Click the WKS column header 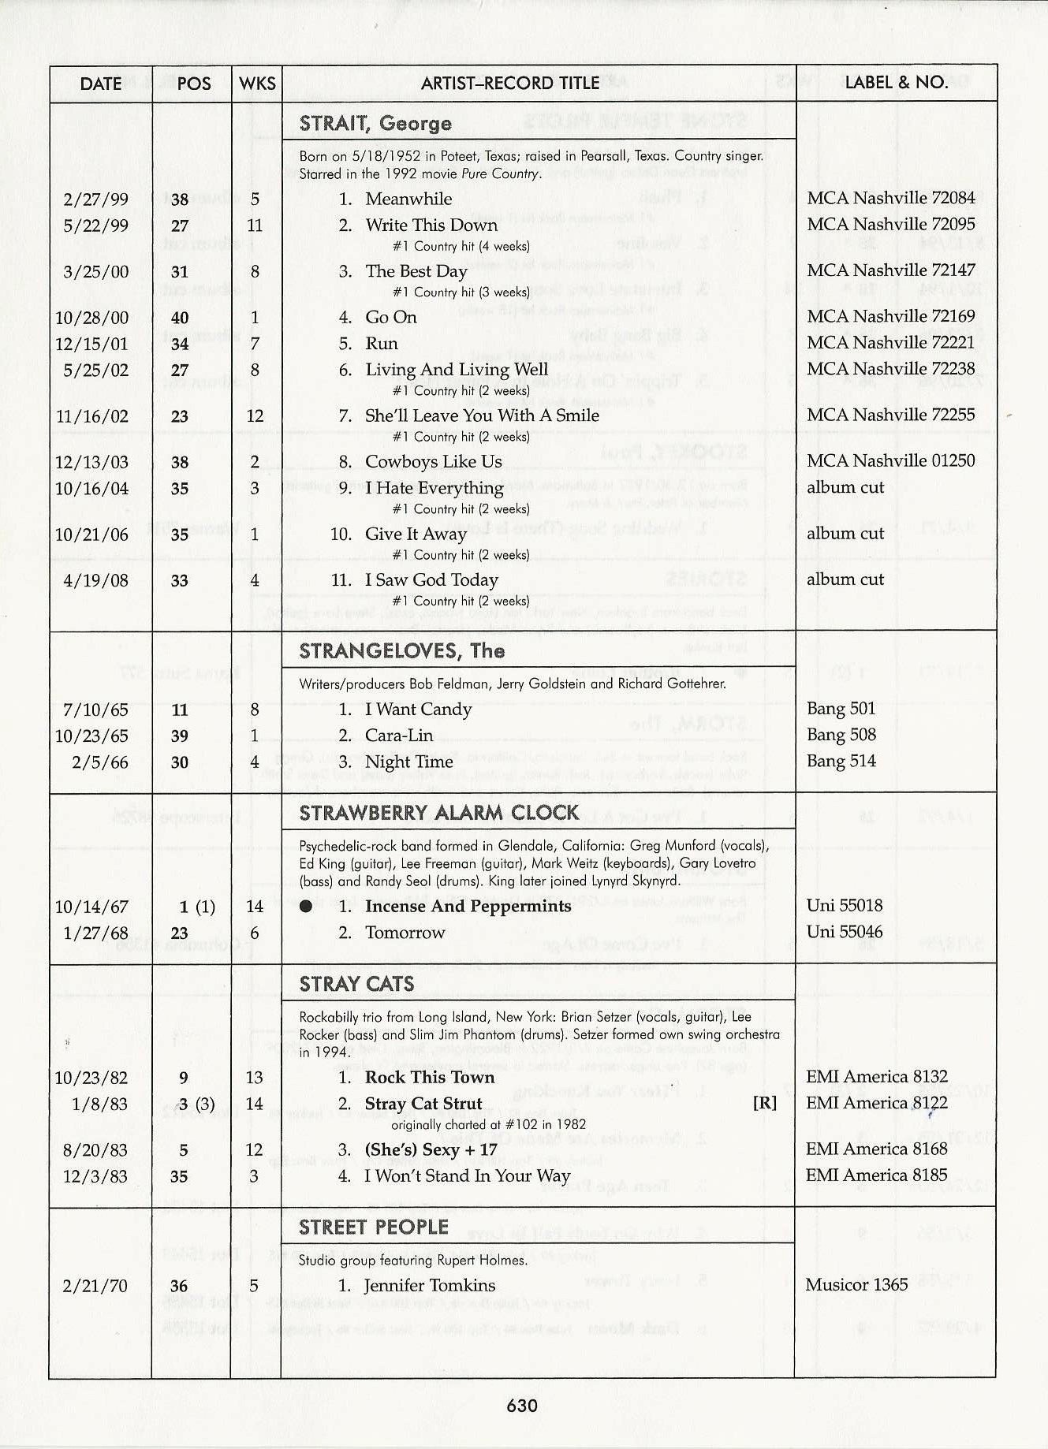(257, 84)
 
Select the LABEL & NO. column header (896, 83)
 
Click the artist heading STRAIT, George (375, 124)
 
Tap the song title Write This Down (431, 225)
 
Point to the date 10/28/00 (91, 318)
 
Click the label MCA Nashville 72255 (890, 415)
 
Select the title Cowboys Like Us (433, 461)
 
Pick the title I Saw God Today (431, 580)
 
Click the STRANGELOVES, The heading (402, 651)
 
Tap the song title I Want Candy (418, 710)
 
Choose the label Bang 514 (841, 762)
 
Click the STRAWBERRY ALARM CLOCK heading (439, 813)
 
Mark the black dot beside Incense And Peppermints (306, 907)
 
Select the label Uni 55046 (844, 932)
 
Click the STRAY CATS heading (356, 984)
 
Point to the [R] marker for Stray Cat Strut (764, 1104)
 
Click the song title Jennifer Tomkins (430, 1286)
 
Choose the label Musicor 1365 (856, 1285)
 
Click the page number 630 (522, 1406)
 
